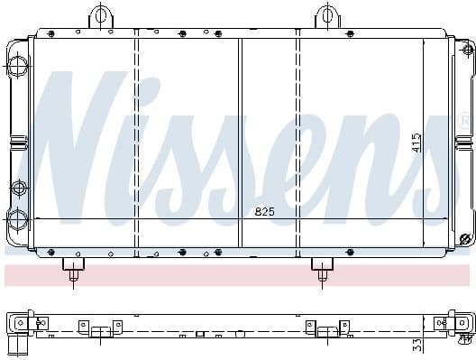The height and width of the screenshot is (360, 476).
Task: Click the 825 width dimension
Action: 263,212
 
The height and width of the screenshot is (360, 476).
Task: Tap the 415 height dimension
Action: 416,142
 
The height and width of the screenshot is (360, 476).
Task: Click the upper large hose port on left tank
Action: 17,64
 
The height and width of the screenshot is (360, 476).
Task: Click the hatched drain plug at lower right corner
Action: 465,239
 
